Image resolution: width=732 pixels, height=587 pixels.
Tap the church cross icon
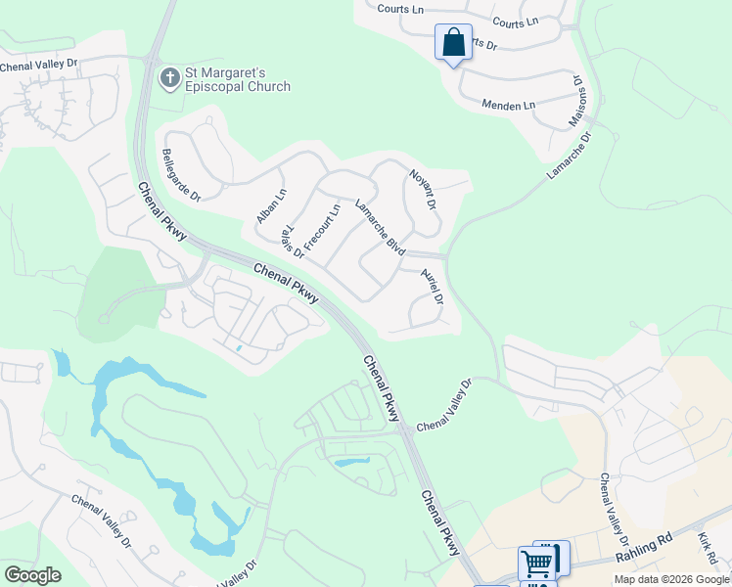170,77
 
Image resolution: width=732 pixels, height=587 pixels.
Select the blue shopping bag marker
453,43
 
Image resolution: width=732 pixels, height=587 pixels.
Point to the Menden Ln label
509,105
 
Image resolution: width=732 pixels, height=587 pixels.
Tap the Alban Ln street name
271,206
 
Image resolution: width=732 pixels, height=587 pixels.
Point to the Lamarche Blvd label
381,228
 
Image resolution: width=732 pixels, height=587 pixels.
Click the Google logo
32,575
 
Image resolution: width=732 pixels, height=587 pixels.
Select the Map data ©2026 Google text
670,579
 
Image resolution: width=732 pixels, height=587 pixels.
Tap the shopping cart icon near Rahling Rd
536,564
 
